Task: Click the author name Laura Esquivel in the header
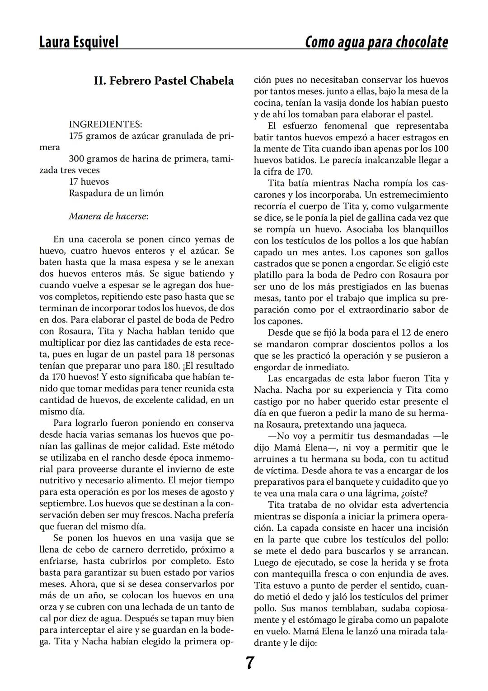pos(79,42)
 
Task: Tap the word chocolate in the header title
pos(422,42)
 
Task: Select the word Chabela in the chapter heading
pos(212,81)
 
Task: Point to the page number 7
pos(250,663)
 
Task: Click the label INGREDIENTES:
pos(105,124)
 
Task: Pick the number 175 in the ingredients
pos(76,136)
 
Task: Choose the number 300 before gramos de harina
pos(76,159)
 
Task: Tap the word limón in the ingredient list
pos(153,193)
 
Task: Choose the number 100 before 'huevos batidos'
pos(441,148)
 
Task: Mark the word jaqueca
pos(388,424)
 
